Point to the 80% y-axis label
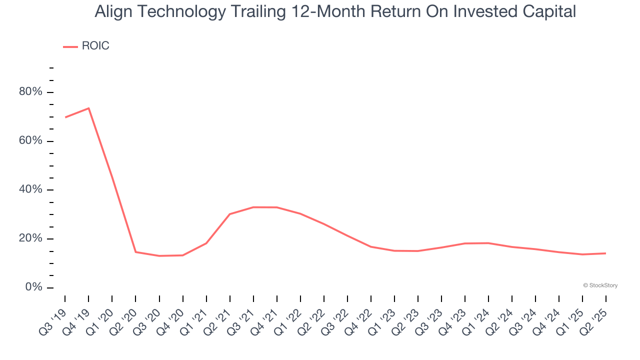(30, 91)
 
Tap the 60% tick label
(30, 140)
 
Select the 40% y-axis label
(30, 189)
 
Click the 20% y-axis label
(30, 238)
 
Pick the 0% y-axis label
(33, 287)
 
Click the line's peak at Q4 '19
(89, 108)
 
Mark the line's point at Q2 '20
(135, 252)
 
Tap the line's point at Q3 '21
(253, 207)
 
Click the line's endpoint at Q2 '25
(605, 253)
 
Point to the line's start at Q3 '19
(65, 117)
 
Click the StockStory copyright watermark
(600, 285)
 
